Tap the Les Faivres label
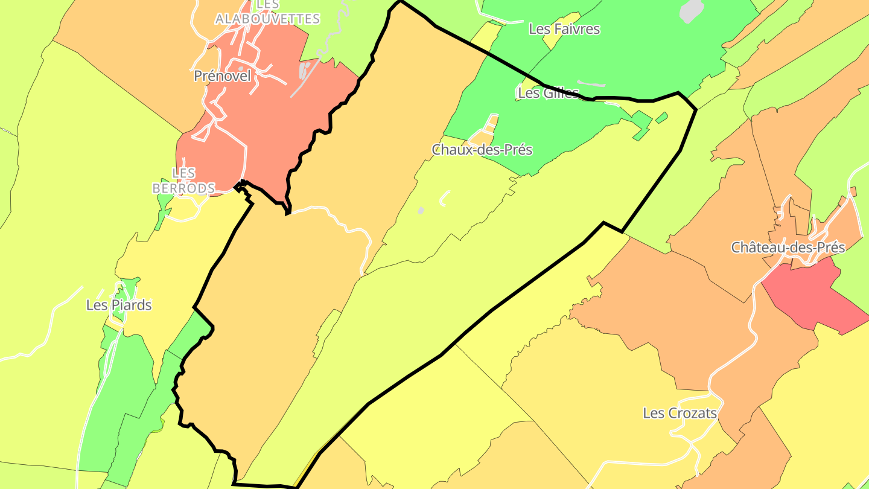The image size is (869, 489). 564,29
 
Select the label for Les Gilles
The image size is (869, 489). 548,93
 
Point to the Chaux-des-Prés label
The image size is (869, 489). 482,150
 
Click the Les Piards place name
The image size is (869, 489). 119,305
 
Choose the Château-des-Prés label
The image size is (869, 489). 788,248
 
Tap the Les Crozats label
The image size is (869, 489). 680,414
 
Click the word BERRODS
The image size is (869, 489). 183,188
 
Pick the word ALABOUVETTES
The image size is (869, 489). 267,19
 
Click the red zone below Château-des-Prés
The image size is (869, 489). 809,296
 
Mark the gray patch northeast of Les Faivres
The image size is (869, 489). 692,11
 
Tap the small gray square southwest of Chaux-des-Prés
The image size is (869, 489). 421,211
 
